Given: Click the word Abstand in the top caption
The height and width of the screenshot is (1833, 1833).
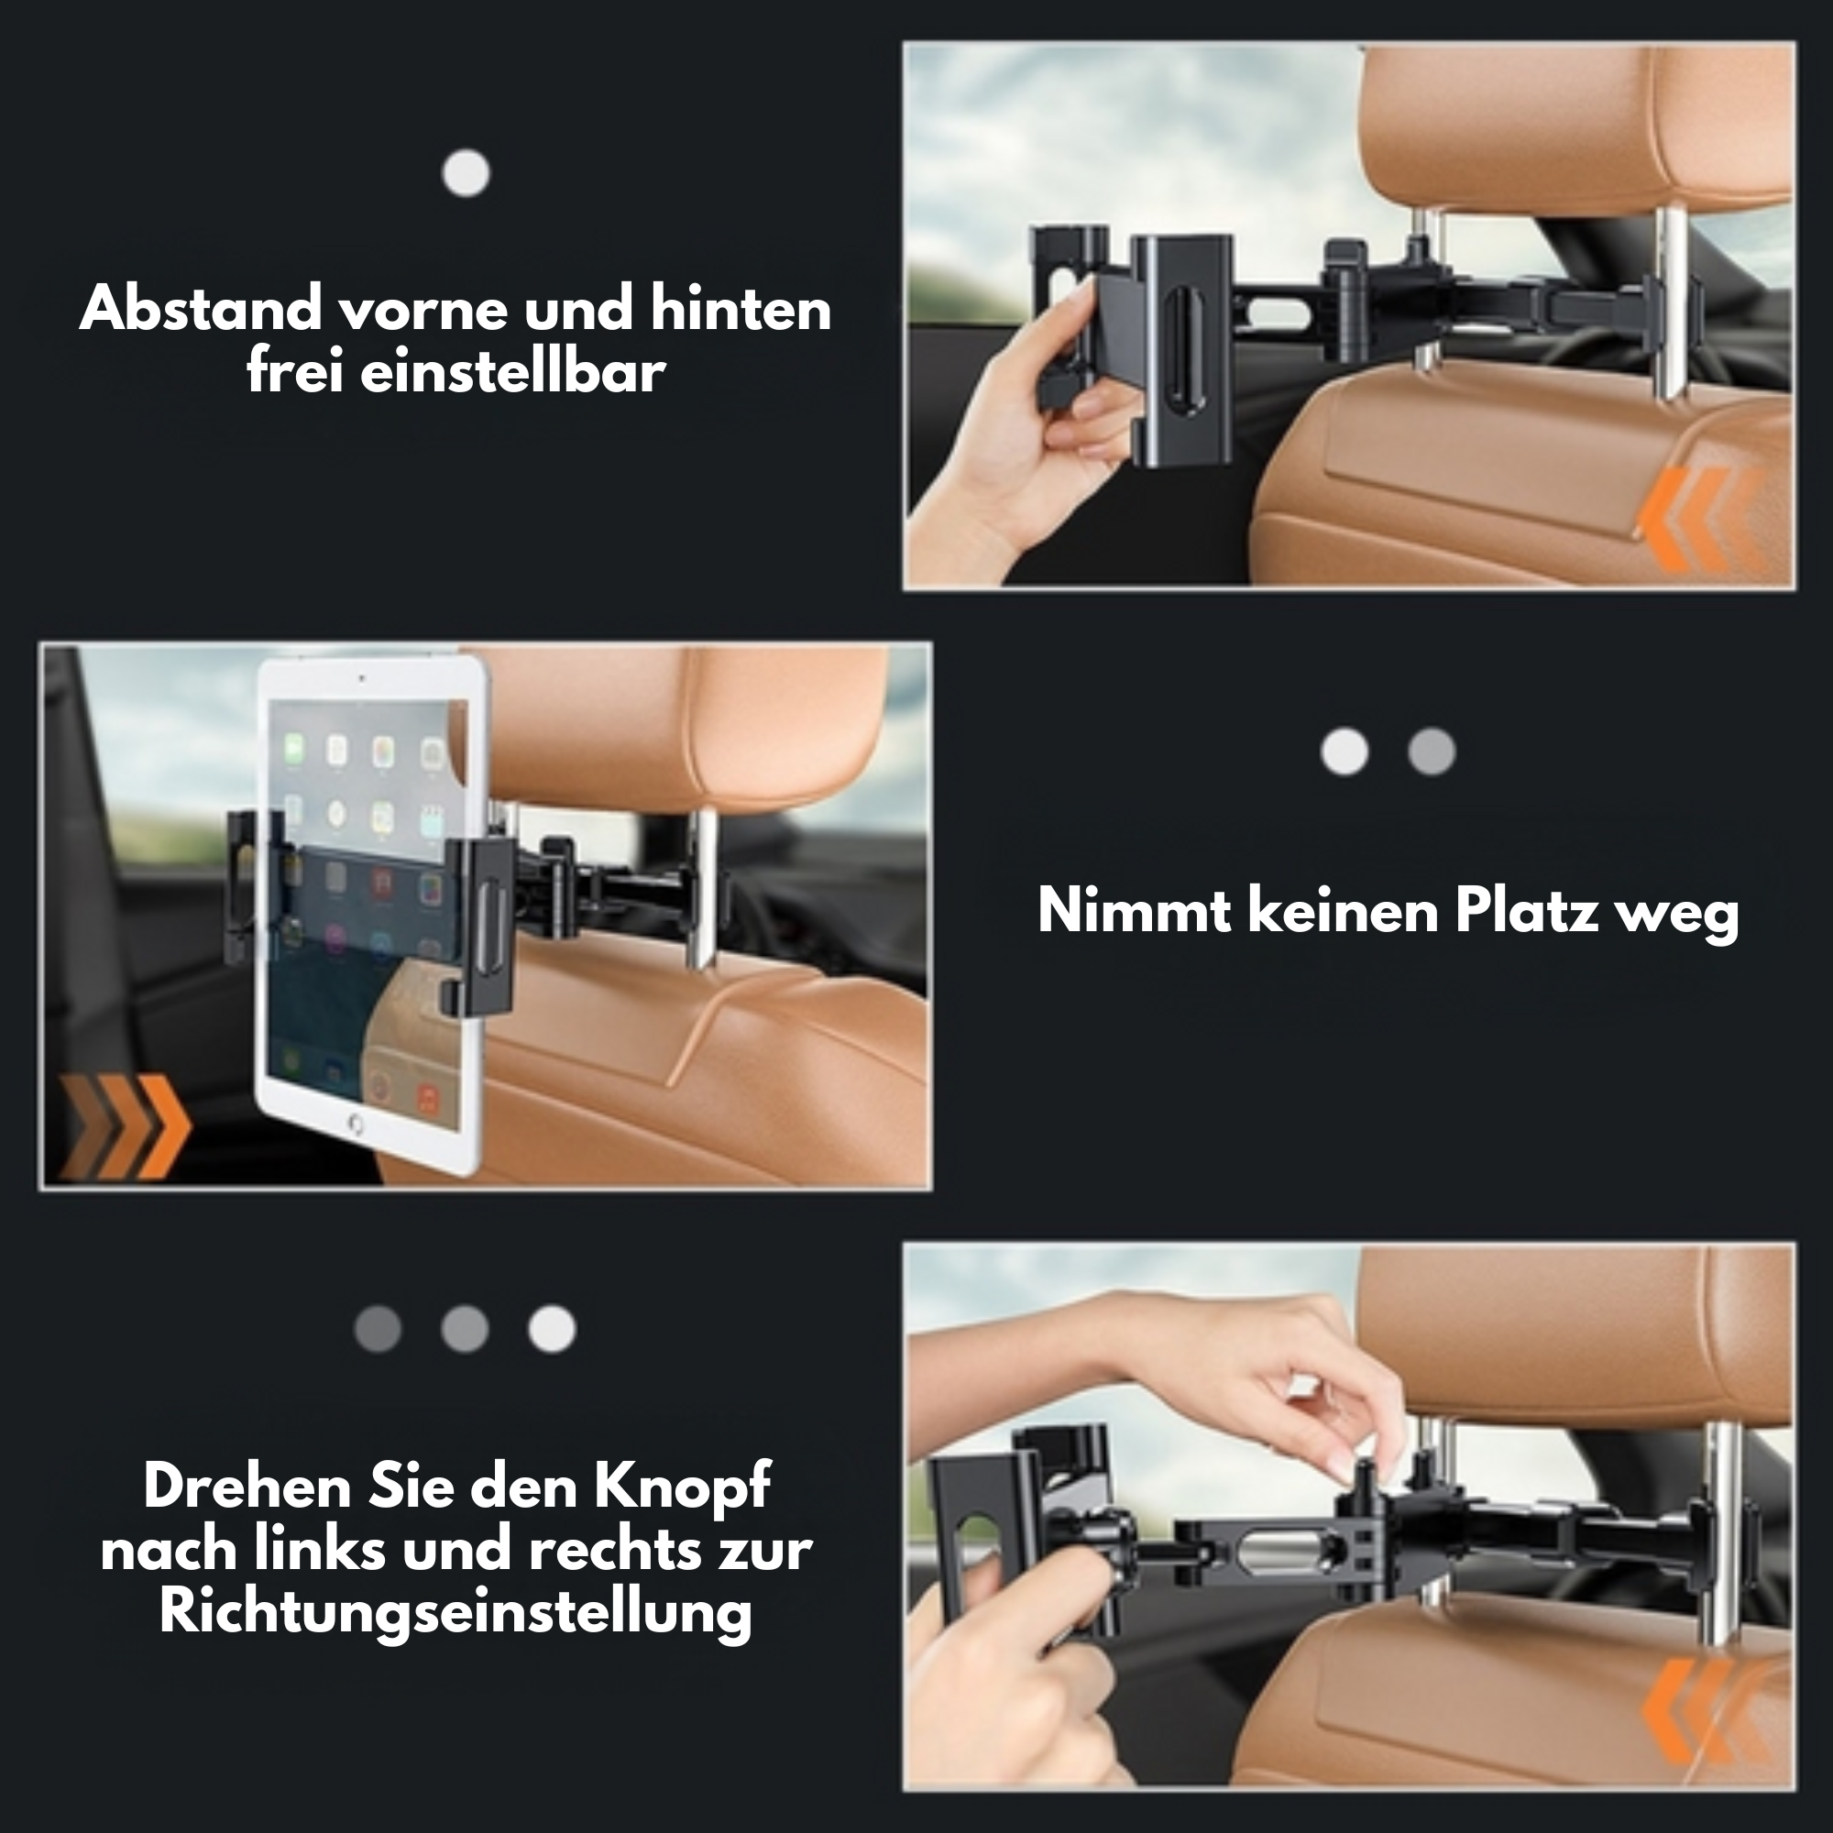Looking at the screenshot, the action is coord(201,309).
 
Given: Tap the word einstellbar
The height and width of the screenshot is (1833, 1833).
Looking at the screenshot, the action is coord(512,372).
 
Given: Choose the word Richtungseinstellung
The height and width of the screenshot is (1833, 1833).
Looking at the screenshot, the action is coord(456,1612).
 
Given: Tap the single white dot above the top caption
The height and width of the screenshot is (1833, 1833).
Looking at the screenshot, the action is coord(466,173).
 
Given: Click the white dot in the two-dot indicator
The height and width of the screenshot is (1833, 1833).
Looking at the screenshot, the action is coord(1345,752).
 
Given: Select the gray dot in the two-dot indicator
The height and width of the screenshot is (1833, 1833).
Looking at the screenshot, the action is coord(1432,752).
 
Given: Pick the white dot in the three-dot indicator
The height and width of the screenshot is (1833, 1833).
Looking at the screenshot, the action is coord(552,1328).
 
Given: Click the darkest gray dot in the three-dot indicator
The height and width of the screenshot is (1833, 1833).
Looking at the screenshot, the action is coord(378,1328).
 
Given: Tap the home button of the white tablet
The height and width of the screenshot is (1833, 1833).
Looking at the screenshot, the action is coord(356,1125).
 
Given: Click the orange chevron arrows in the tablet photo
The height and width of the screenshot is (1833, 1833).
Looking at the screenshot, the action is coord(125,1127).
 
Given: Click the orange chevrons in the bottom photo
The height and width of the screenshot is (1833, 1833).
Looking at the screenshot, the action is coord(1703,1710).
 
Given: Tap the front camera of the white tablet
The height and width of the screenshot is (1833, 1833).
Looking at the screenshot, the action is coord(361,678).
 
